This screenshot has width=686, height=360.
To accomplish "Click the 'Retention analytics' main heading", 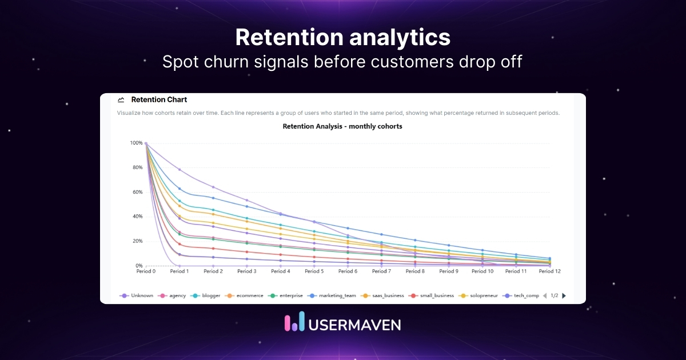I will click(342, 38).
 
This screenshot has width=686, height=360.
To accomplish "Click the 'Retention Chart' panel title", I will click(159, 99).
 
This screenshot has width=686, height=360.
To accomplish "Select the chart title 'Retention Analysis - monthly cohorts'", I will click(342, 126).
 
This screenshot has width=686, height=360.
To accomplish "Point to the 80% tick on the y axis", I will click(137, 167).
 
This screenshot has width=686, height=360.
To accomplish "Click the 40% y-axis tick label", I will click(137, 217).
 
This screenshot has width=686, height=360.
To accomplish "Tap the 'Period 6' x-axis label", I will click(348, 271).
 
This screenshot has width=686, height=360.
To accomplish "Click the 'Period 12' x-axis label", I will click(549, 271).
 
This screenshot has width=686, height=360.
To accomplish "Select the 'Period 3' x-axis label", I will click(246, 271).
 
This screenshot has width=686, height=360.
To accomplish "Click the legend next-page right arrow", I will click(564, 295).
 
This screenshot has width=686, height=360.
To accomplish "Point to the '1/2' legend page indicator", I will click(554, 295).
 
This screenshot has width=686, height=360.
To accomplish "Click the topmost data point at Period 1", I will click(180, 170).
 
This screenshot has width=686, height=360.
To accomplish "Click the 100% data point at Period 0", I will click(146, 143).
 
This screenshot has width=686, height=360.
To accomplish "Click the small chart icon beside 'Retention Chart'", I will click(121, 99).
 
